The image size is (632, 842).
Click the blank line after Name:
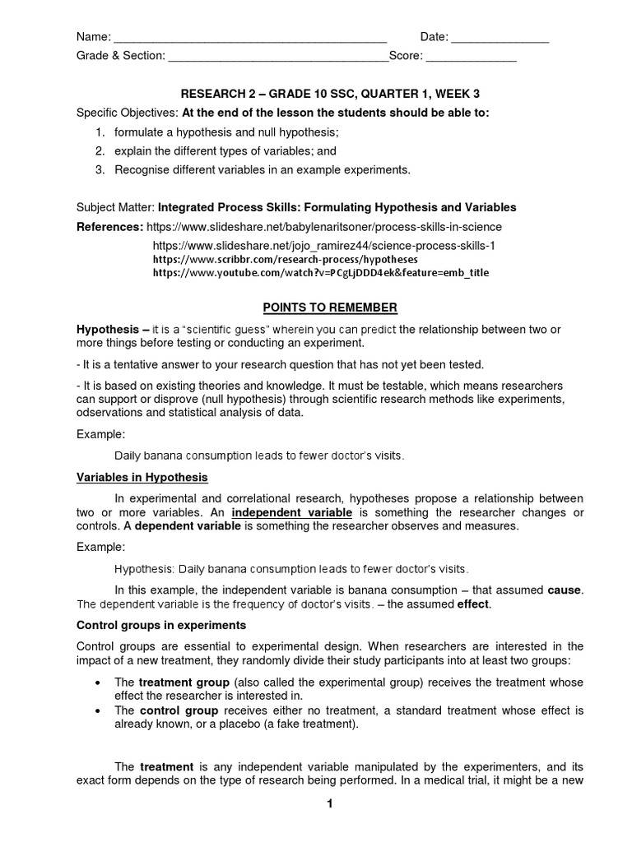tap(249, 39)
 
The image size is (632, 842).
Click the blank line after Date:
tap(500, 39)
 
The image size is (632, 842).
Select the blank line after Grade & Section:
tap(278, 58)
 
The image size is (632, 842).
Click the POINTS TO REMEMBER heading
tap(329, 308)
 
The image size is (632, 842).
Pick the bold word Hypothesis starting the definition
tap(103, 329)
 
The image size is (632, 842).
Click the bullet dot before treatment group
tap(99, 683)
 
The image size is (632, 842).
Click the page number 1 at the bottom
tap(329, 804)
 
